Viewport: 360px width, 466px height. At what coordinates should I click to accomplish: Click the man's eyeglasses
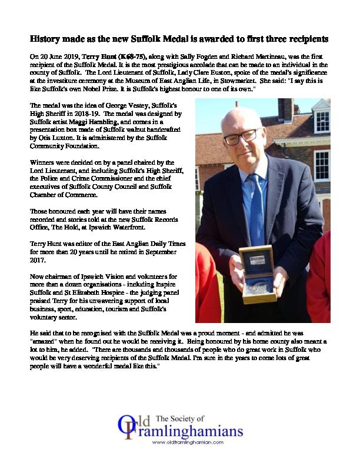[x=240, y=138]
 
